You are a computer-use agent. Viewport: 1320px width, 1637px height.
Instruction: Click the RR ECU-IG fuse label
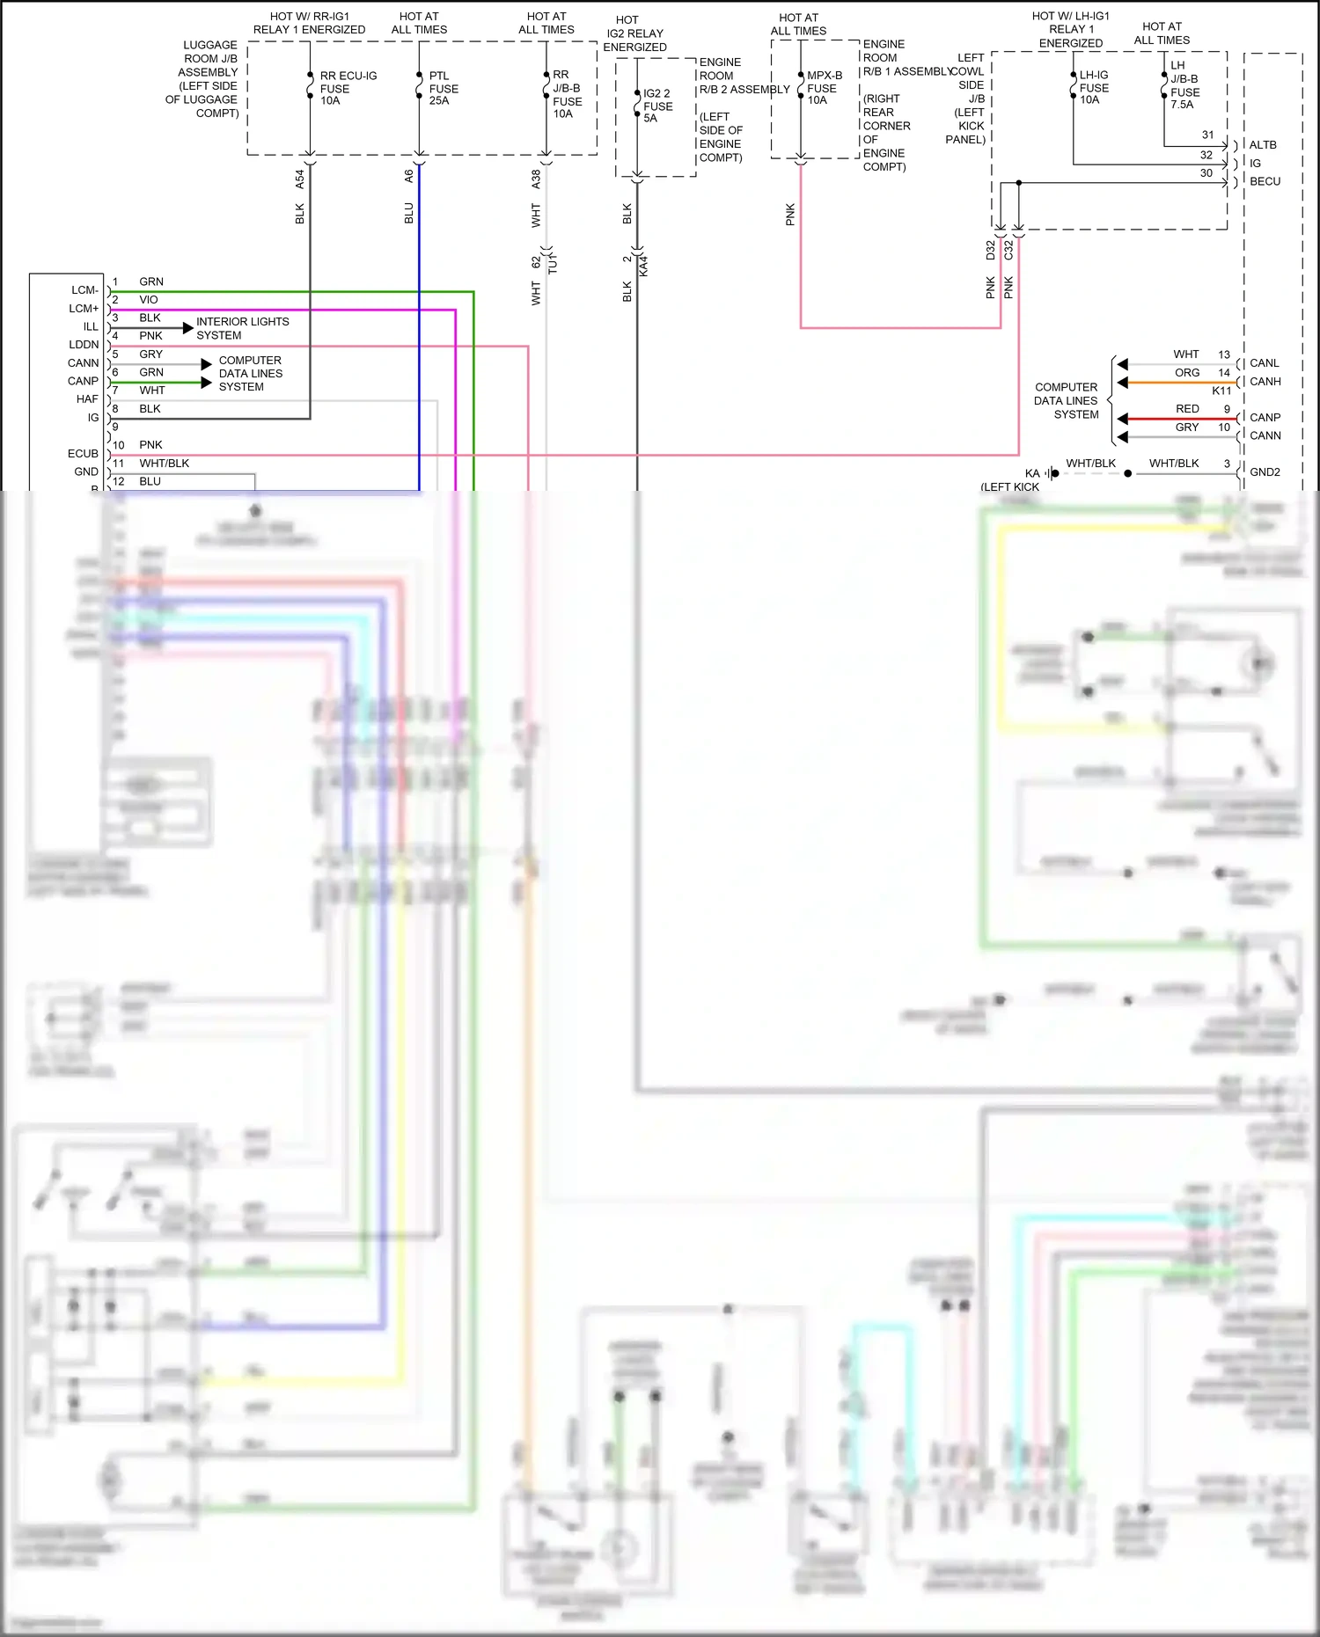(348, 88)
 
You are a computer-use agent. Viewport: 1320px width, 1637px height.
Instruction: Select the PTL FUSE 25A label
(444, 88)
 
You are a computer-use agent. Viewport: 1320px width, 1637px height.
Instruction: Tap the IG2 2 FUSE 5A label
(657, 106)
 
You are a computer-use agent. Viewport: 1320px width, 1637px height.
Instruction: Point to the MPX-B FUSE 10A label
(824, 88)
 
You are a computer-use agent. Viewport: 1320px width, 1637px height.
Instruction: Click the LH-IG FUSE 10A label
(1094, 87)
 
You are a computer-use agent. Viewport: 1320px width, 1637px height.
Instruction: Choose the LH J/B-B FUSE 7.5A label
(1184, 84)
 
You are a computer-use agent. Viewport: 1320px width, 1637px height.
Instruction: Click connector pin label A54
(299, 179)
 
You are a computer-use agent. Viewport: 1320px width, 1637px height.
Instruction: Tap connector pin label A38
(536, 179)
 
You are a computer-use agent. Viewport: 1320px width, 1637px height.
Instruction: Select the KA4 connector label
(643, 266)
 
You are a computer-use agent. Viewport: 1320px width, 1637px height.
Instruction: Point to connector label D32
(990, 250)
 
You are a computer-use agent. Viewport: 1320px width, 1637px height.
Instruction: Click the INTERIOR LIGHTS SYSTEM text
(242, 328)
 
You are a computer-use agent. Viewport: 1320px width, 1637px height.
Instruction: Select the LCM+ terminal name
(84, 309)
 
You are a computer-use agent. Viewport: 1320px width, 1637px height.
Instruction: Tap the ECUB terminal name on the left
(83, 454)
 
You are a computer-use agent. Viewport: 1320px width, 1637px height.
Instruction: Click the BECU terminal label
(1265, 181)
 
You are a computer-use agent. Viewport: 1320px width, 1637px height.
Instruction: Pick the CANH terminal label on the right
(1265, 382)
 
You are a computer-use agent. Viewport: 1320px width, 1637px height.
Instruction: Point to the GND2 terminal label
(1265, 472)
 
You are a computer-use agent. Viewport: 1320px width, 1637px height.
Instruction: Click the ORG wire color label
(1187, 373)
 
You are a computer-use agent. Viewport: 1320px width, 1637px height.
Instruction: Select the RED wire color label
(1187, 409)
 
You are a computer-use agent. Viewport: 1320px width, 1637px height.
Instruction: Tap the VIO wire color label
(149, 300)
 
